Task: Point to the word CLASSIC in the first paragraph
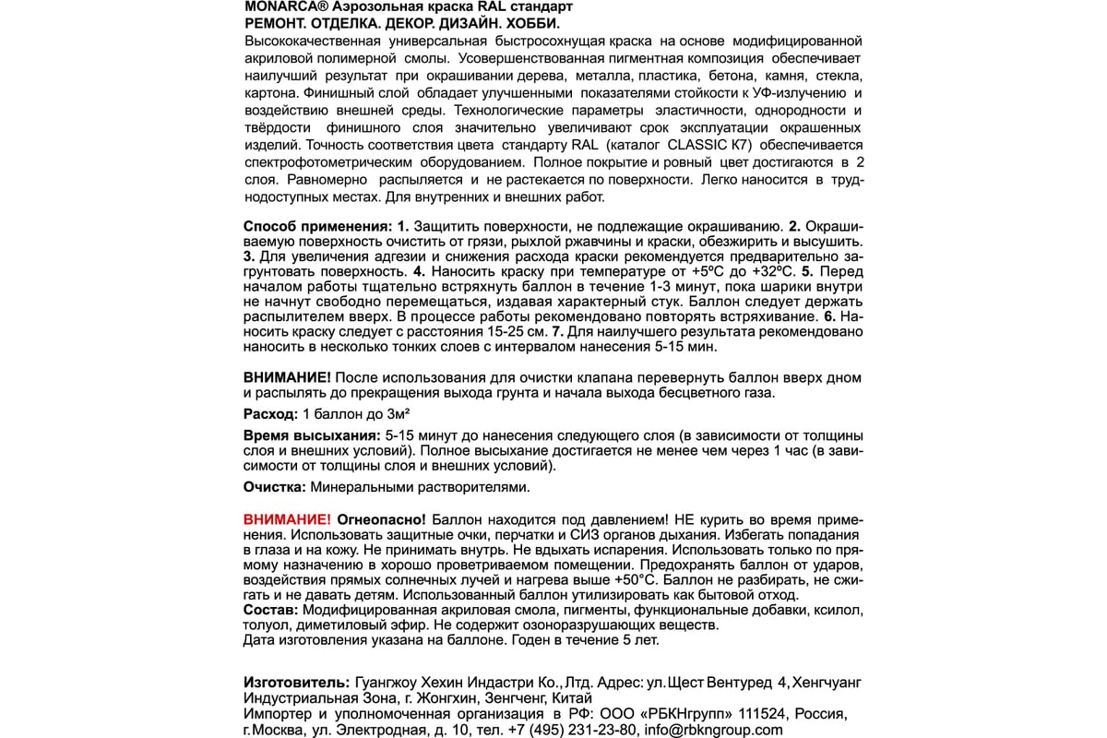tap(725, 146)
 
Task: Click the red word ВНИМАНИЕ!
tap(287, 519)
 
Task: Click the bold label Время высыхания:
tap(311, 435)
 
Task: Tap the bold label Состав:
tap(270, 611)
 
